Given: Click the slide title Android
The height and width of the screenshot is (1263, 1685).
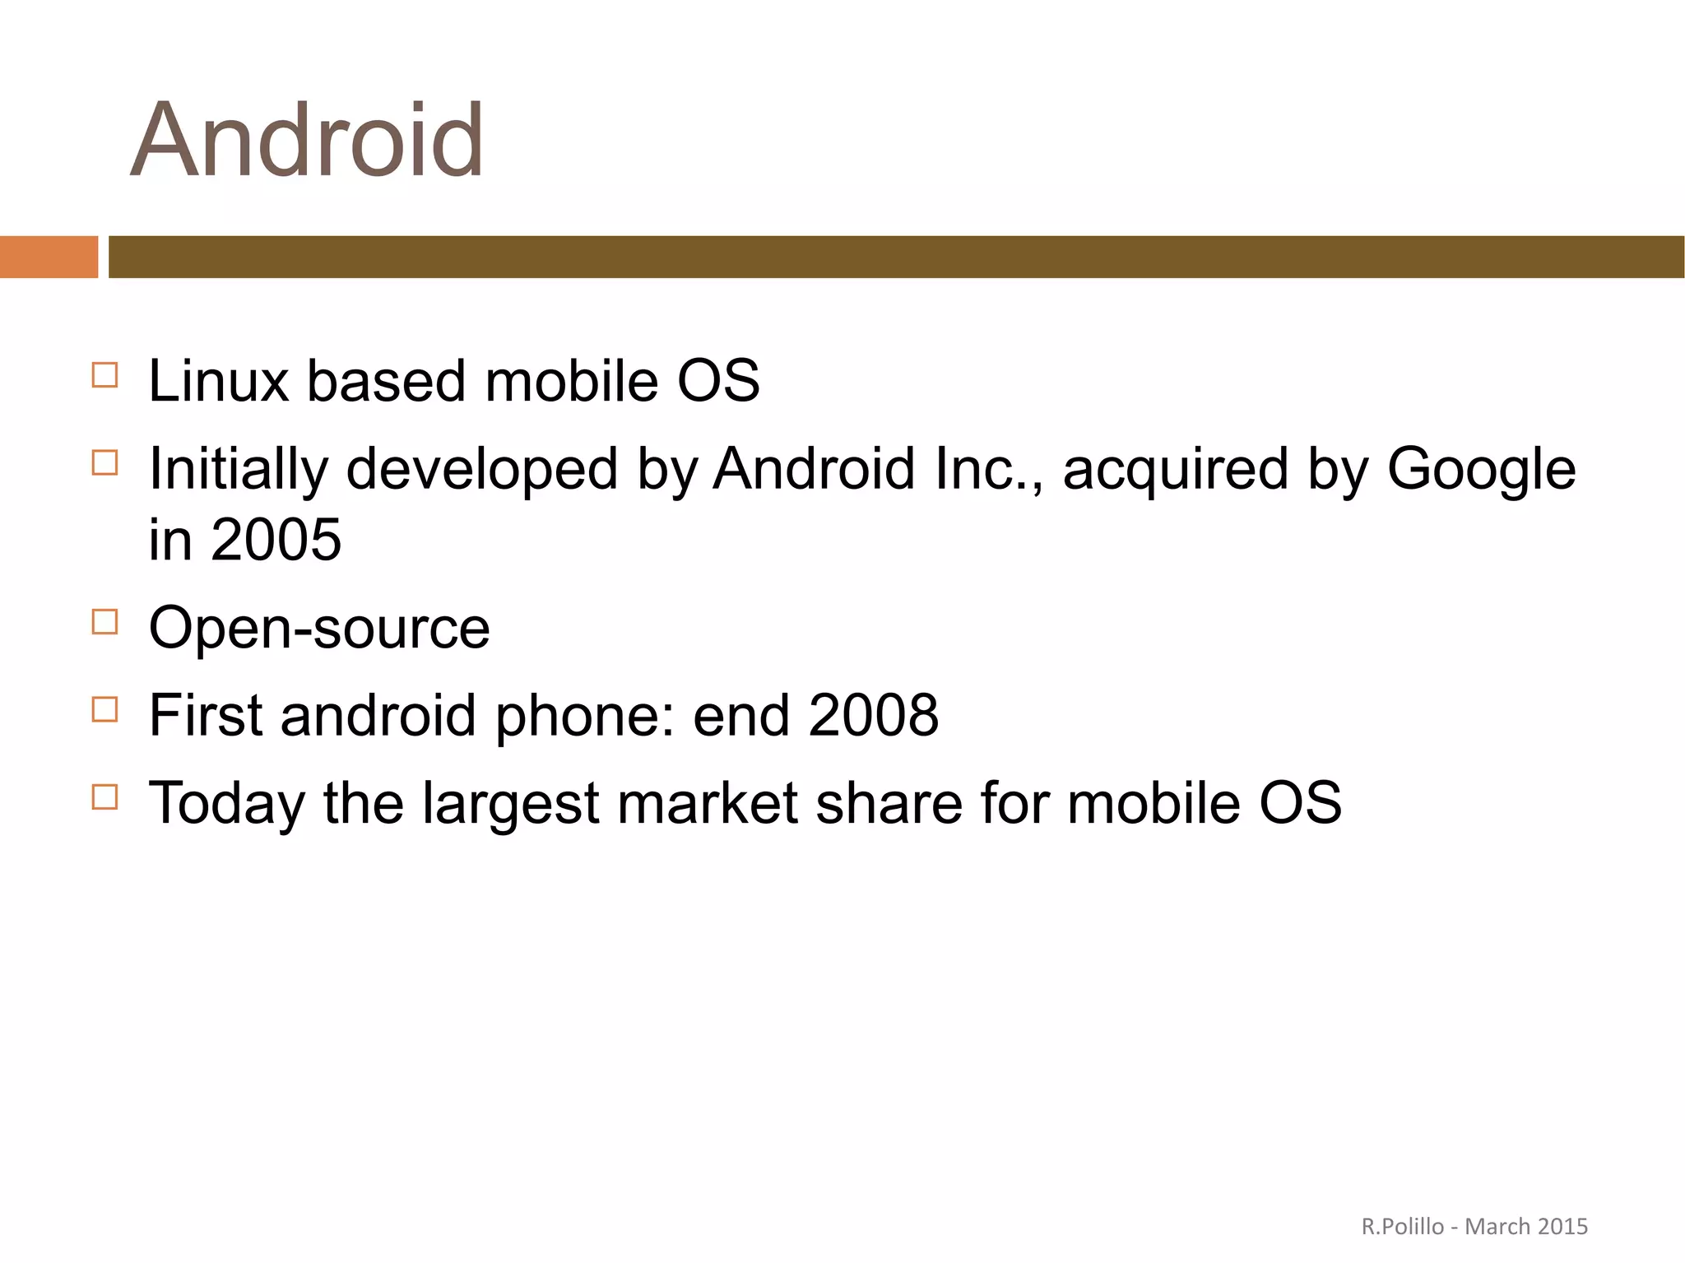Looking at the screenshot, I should point(307,140).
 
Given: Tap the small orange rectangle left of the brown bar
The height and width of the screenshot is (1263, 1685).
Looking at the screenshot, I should point(49,257).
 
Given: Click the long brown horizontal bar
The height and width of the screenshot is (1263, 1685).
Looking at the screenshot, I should point(895,257).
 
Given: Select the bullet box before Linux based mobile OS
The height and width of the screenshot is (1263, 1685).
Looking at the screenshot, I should point(104,375).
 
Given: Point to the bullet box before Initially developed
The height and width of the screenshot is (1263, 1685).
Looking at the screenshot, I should point(104,462).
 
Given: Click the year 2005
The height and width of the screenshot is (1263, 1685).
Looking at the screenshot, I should point(276,541).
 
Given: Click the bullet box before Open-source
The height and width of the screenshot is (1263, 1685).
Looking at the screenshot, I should point(104,621).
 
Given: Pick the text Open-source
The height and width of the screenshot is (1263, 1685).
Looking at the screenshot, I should point(319,629).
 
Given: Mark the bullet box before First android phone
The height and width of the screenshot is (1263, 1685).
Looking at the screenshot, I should point(104,708).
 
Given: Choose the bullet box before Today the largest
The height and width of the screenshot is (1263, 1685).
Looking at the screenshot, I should point(104,796).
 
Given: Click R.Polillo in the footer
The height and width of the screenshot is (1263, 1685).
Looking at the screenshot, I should point(1402,1227).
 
